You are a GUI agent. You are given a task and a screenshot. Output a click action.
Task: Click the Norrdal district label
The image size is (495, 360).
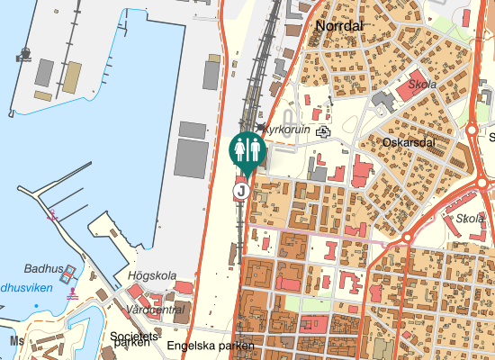[x=339, y=26]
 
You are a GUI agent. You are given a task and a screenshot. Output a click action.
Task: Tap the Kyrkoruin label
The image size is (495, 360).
[x=287, y=130]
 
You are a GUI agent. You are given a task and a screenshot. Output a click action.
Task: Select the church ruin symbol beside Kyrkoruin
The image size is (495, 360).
[x=322, y=130]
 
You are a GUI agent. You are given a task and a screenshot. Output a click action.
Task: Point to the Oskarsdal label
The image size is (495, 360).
[x=409, y=143]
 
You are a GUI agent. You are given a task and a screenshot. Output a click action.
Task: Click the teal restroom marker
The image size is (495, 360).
[x=246, y=149]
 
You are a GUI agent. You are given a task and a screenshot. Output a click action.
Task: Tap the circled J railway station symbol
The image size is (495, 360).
[x=241, y=190]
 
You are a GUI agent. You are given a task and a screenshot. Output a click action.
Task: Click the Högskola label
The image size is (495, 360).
[x=153, y=276]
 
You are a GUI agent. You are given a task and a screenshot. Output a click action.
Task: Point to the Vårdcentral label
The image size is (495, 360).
[x=158, y=309]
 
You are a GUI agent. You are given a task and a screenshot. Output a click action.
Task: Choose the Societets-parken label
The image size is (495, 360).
[x=133, y=340]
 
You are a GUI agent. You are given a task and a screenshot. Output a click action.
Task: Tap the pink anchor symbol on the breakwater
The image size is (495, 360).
[x=52, y=214]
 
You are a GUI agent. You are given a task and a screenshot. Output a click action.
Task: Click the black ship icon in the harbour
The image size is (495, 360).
[x=22, y=56]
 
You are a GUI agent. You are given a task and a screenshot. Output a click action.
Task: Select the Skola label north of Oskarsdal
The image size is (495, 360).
[x=422, y=85]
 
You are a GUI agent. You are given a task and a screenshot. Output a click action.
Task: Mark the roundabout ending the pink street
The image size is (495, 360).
[x=407, y=238]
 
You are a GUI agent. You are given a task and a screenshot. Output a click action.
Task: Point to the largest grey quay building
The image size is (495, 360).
[x=191, y=158]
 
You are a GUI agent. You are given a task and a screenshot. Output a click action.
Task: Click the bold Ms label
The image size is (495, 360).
[x=16, y=342]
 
